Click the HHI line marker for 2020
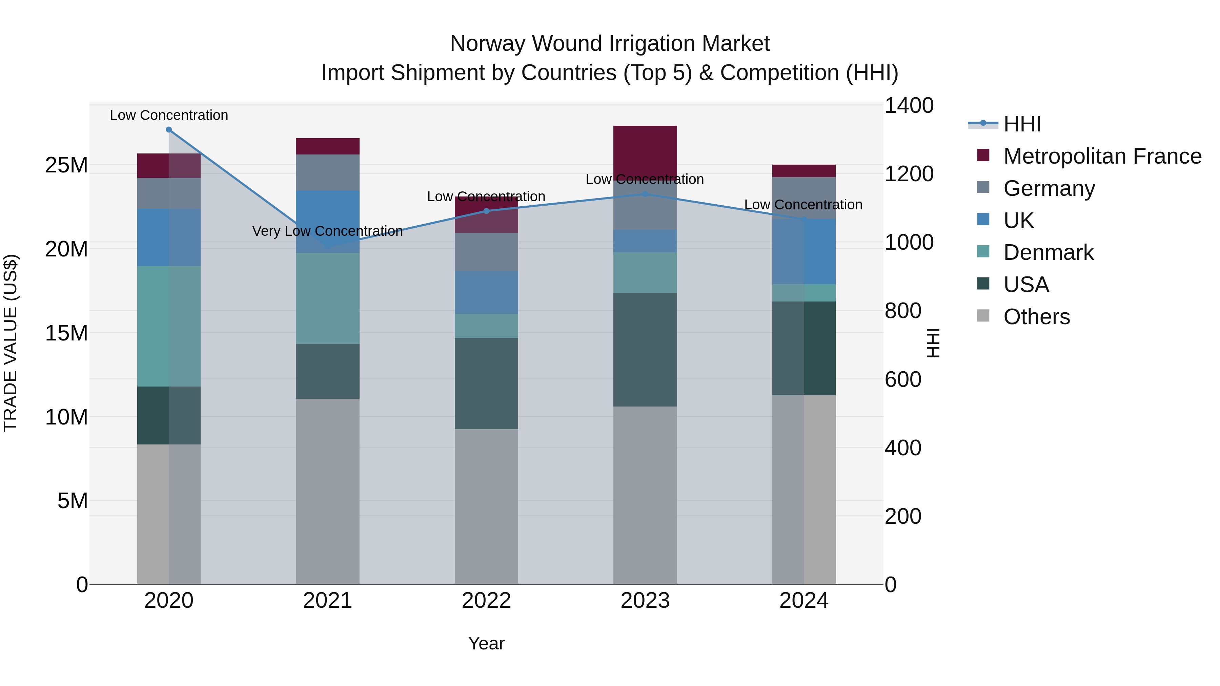point(169,130)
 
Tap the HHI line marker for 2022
point(486,211)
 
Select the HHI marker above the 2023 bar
point(645,194)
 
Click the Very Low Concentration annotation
point(327,231)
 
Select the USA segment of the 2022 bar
point(486,383)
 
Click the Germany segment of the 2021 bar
point(327,172)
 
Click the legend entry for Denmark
point(1048,252)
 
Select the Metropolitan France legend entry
point(1102,156)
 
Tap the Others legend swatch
point(983,316)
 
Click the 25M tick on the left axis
point(66,165)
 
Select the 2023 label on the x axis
point(645,601)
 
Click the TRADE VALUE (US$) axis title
point(11,343)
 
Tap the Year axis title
point(486,643)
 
